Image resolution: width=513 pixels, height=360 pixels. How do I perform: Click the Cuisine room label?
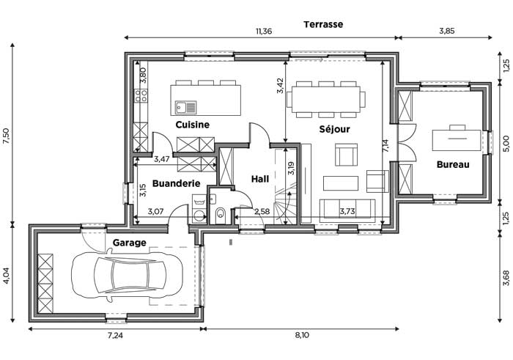pyautogui.click(x=192, y=125)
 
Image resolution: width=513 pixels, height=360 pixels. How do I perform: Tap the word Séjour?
pyautogui.click(x=334, y=129)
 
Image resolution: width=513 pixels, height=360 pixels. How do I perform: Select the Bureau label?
pyautogui.click(x=453, y=164)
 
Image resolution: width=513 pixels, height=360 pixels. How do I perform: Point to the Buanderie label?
pyautogui.click(x=176, y=183)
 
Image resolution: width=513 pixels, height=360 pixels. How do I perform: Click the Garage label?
pyautogui.click(x=129, y=243)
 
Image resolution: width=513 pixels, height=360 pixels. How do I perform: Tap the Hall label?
pyautogui.click(x=260, y=179)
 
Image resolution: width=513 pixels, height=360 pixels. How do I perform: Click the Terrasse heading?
pyautogui.click(x=323, y=24)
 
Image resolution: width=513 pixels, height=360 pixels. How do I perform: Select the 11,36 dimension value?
pyautogui.click(x=264, y=32)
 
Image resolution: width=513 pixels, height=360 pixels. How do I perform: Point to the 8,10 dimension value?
pyautogui.click(x=301, y=335)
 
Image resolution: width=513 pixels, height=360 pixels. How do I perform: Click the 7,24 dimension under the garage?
pyautogui.click(x=115, y=335)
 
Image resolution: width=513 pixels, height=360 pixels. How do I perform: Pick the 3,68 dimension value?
pyautogui.click(x=506, y=278)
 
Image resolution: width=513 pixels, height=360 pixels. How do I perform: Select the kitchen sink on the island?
pyautogui.click(x=185, y=107)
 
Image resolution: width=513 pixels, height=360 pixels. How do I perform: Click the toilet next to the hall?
pyautogui.click(x=221, y=213)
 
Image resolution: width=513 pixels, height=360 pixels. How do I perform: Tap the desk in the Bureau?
pyautogui.click(x=457, y=140)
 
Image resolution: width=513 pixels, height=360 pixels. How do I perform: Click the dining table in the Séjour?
pyautogui.click(x=326, y=99)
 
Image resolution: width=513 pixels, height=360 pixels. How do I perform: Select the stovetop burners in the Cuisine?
pyautogui.click(x=141, y=95)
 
